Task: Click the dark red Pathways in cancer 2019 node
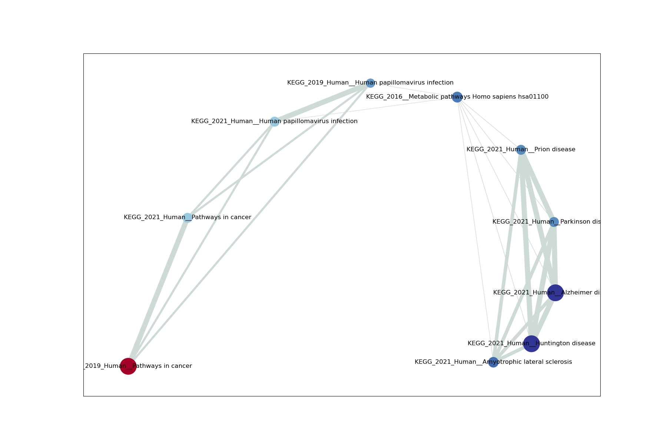click(128, 366)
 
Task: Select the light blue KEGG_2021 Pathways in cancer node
click(188, 218)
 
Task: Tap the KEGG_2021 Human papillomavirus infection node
click(274, 122)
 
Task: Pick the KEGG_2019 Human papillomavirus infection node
click(370, 83)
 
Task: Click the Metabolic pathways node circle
click(457, 97)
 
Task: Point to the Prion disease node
click(521, 150)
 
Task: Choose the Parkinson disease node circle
click(554, 222)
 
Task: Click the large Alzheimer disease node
click(555, 293)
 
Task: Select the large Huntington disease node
click(531, 344)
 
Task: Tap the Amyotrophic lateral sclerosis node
click(493, 362)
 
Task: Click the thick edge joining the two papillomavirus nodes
click(322, 102)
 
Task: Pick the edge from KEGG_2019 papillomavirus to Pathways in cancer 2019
click(249, 225)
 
